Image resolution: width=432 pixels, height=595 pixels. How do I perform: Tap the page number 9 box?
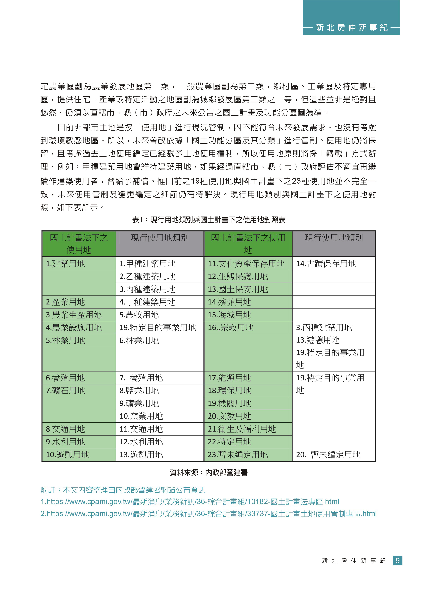pyautogui.click(x=397, y=561)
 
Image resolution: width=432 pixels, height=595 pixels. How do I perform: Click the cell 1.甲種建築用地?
pyautogui.click(x=160, y=264)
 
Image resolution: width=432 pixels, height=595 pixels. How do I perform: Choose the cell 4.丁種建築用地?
pyautogui.click(x=160, y=302)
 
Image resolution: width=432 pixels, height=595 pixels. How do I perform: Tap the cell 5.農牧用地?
pyautogui.click(x=160, y=315)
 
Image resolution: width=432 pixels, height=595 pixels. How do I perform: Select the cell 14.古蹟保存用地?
pyautogui.click(x=334, y=264)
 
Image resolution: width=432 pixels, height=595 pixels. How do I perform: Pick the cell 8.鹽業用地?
pyautogui.click(x=160, y=391)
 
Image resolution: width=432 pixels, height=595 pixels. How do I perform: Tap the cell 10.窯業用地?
pyautogui.click(x=160, y=416)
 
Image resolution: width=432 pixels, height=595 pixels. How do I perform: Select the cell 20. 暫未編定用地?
pyautogui.click(x=334, y=454)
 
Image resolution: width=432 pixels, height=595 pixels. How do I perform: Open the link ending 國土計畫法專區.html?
pyautogui.click(x=190, y=502)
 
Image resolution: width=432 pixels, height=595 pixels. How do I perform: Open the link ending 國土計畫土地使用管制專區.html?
pyautogui.click(x=208, y=513)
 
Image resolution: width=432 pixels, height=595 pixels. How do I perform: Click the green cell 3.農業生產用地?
pyautogui.click(x=79, y=315)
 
